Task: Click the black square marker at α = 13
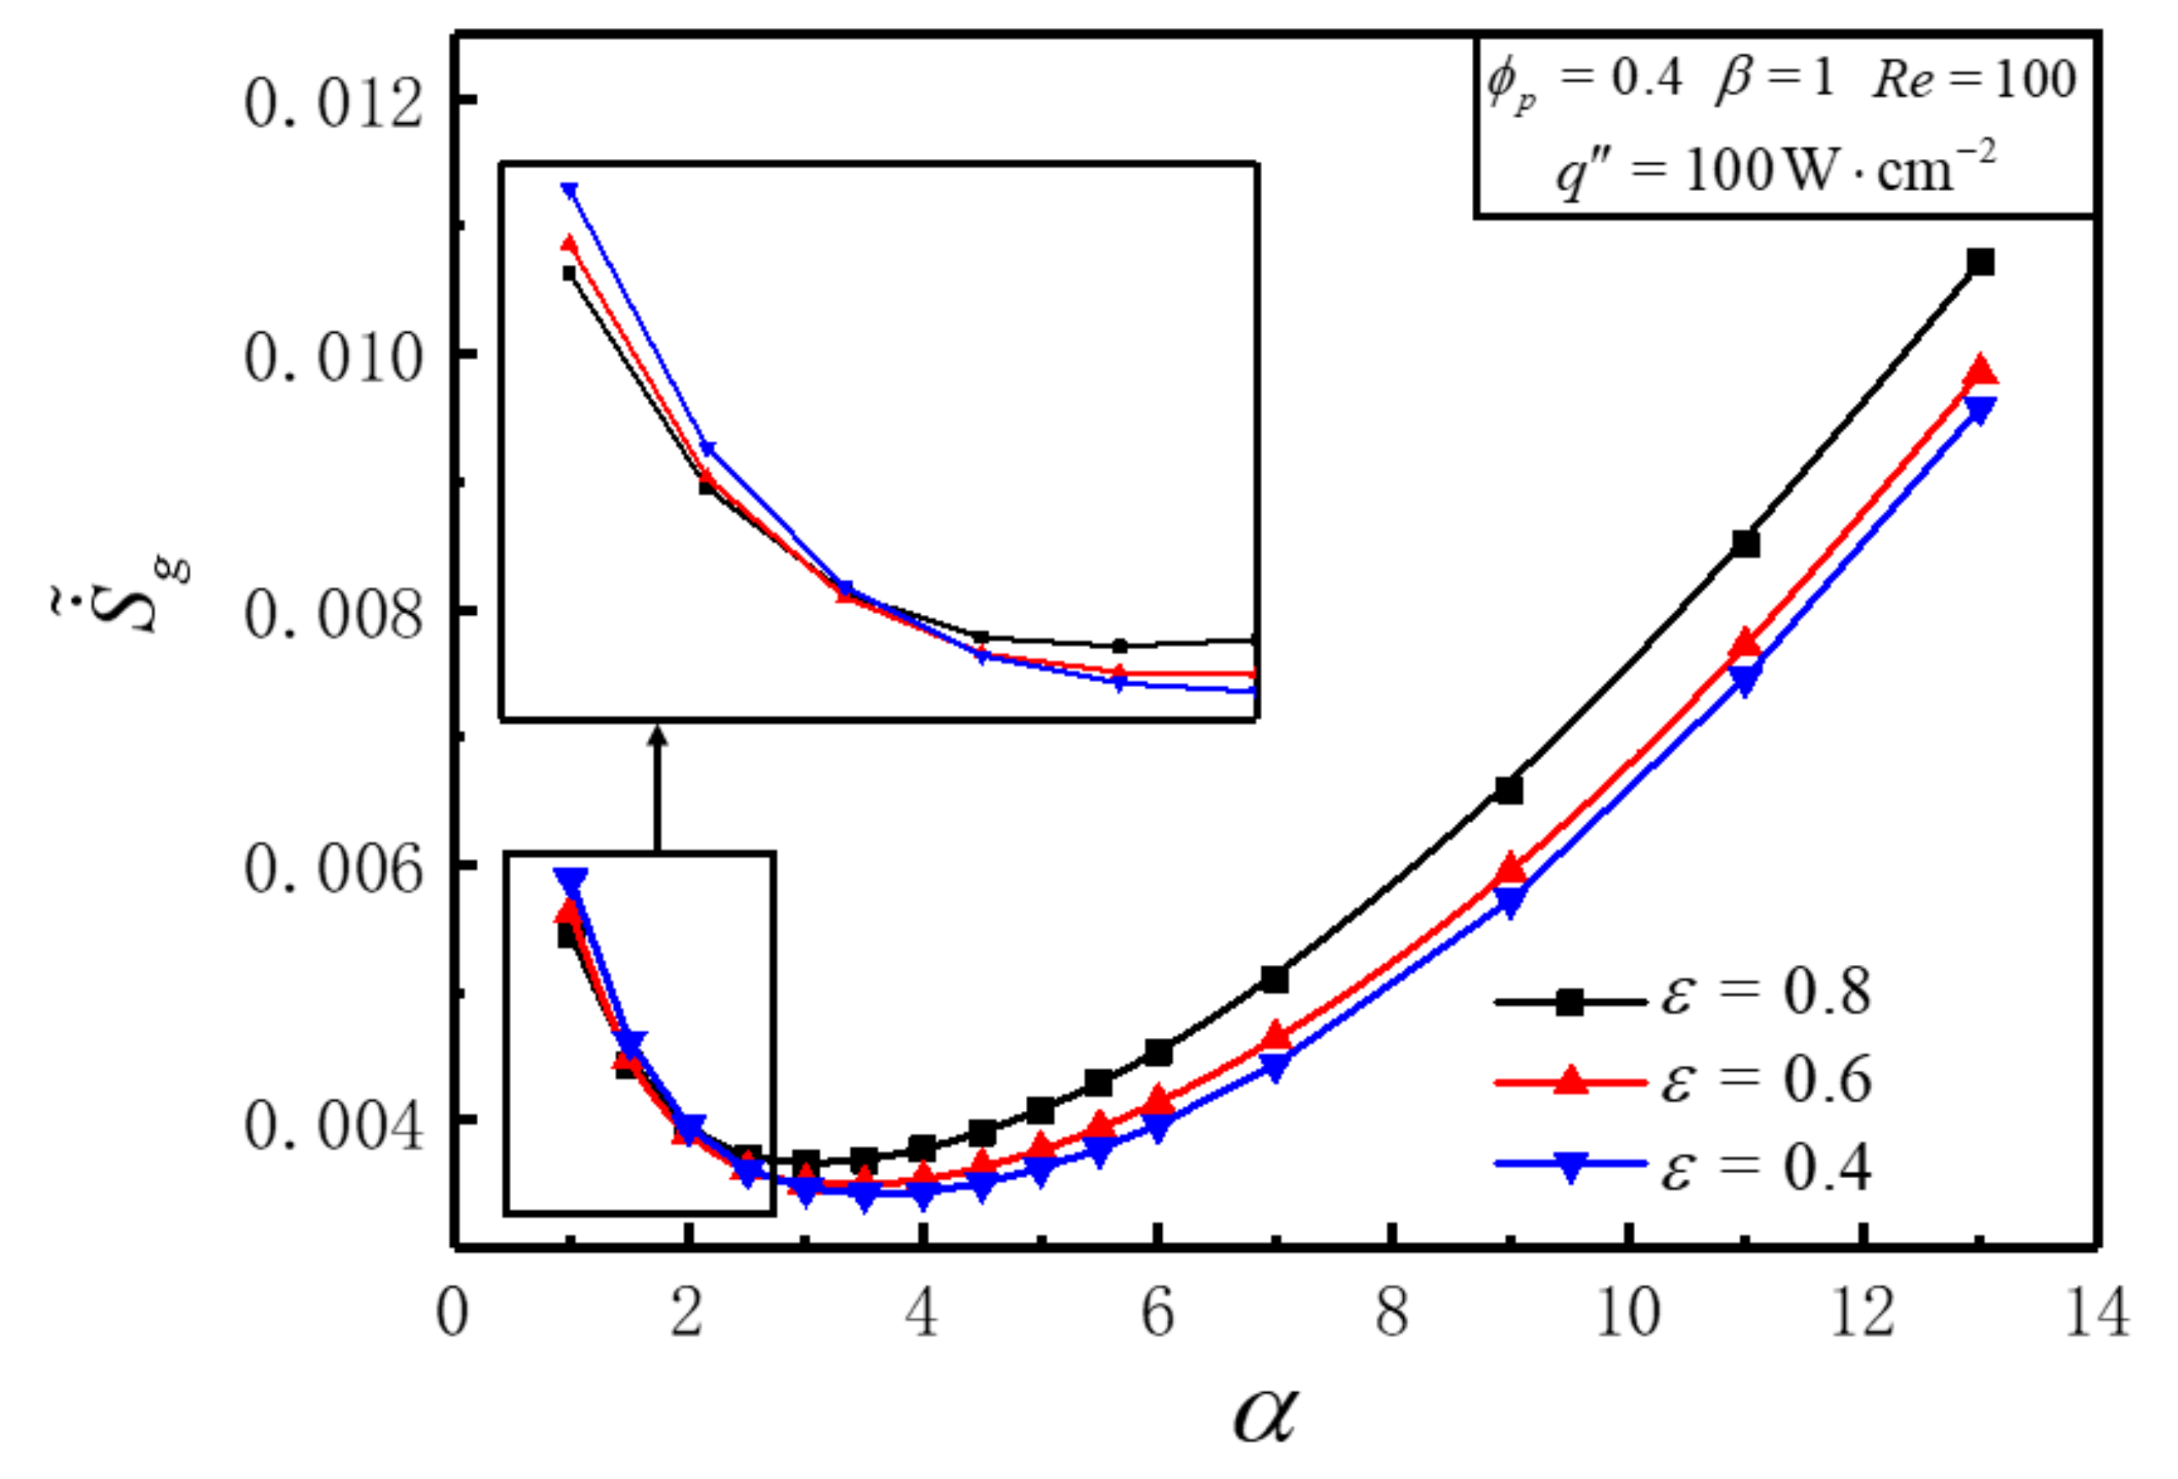tap(1980, 262)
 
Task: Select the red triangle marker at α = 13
tap(1980, 372)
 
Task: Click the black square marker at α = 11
tap(1745, 544)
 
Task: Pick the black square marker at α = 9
tap(1508, 790)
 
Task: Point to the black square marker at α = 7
tap(1274, 980)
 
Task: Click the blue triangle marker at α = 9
tap(1508, 902)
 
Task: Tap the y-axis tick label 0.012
tap(334, 103)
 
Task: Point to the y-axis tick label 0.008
tap(334, 615)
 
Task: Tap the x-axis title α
tap(1265, 1413)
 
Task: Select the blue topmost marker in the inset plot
tap(569, 190)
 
